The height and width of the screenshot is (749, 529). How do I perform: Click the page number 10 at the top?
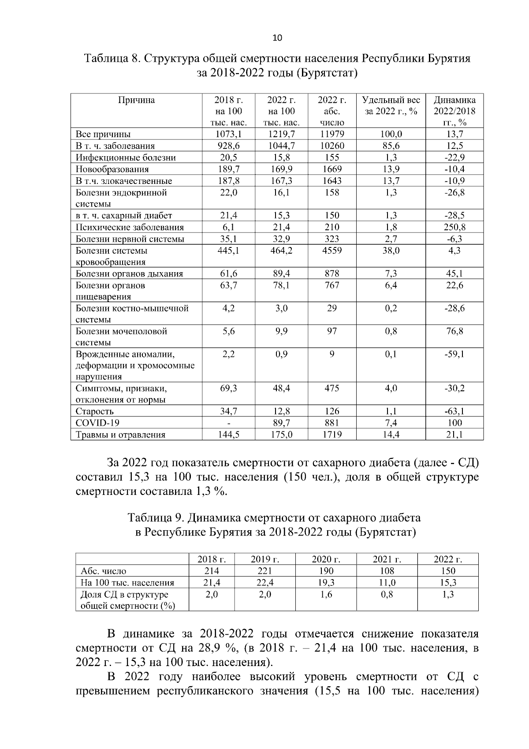click(x=277, y=37)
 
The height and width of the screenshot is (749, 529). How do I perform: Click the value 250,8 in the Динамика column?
click(x=454, y=227)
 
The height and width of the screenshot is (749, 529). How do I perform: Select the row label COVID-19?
click(x=97, y=423)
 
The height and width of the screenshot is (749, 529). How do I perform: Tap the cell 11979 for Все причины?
click(x=332, y=134)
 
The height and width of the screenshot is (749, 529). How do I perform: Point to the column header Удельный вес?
click(x=391, y=100)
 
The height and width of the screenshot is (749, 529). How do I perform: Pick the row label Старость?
click(x=95, y=412)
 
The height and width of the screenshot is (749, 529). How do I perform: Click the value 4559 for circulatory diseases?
click(x=332, y=251)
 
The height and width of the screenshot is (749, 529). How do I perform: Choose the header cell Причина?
click(x=136, y=100)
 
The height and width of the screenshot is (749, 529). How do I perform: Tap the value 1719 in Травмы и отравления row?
click(x=332, y=434)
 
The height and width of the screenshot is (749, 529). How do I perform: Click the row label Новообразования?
click(x=112, y=169)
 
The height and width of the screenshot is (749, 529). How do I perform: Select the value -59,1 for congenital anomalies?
click(x=454, y=354)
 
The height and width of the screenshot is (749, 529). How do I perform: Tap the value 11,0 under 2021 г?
click(x=387, y=582)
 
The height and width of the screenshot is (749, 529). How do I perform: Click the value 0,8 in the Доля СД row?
click(x=387, y=594)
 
